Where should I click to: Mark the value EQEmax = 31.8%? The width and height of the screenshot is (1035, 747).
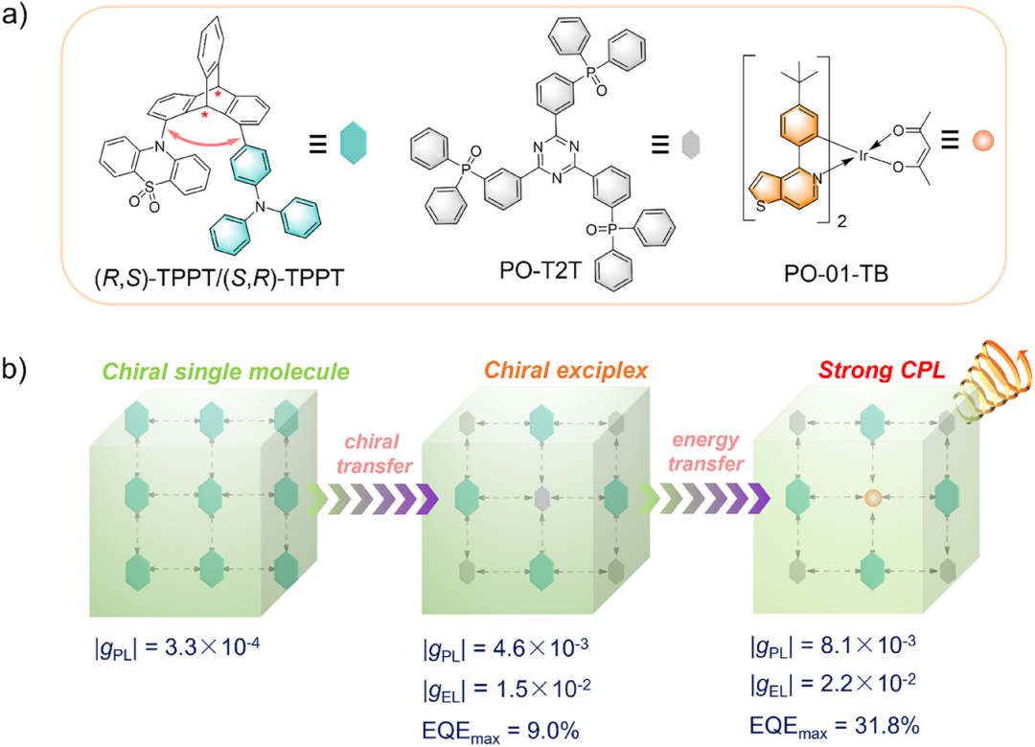coord(829,720)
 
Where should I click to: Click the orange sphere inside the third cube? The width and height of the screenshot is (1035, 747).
coord(872,497)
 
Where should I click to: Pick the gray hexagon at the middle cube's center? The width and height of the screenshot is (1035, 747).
coord(541,498)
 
